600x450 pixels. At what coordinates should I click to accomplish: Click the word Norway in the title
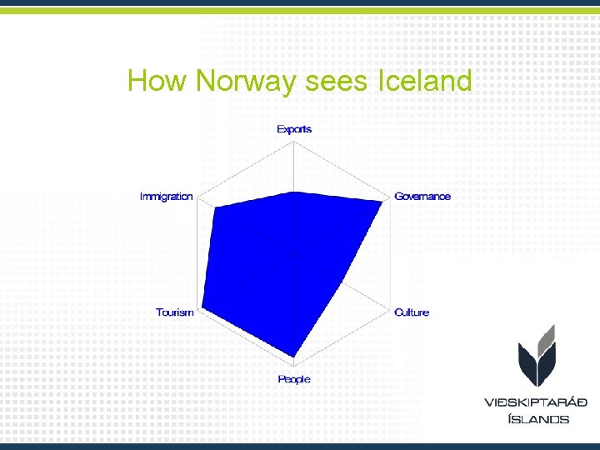click(x=242, y=82)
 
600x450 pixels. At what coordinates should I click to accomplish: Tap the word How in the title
click(x=158, y=82)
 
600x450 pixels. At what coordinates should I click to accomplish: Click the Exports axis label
click(x=294, y=129)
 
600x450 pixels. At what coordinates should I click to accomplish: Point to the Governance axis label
click(x=422, y=197)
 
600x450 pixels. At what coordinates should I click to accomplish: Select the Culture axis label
click(x=412, y=312)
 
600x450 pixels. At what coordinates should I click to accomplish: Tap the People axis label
click(x=294, y=379)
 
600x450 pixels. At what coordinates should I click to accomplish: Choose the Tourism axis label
click(x=175, y=312)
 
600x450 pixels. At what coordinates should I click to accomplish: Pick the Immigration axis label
click(x=167, y=197)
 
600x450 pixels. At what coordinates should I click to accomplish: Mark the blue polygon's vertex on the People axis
click(x=294, y=357)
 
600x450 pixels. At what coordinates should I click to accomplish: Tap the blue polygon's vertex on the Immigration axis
click(x=217, y=207)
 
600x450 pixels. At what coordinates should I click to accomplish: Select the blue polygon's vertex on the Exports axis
click(x=294, y=192)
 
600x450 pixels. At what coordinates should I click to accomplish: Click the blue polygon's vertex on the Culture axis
click(x=347, y=279)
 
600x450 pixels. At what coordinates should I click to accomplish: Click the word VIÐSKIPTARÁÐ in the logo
click(x=536, y=402)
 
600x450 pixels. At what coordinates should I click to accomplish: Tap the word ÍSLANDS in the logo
click(x=538, y=419)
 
